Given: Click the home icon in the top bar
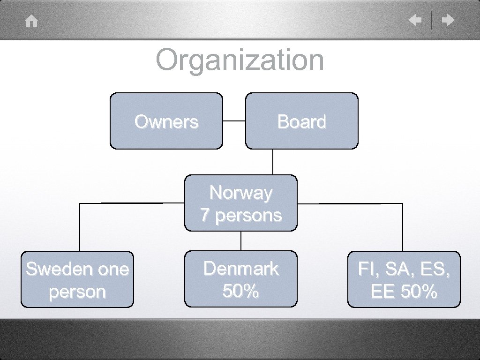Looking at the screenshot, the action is click(31, 21).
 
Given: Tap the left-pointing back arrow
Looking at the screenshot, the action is click(415, 20).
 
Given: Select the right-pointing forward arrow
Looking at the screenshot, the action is click(449, 20).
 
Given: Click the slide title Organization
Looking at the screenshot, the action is click(240, 60).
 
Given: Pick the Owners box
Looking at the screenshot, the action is click(166, 121).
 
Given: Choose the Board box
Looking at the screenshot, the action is click(301, 121).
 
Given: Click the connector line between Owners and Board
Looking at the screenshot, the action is click(234, 120).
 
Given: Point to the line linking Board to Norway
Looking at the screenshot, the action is click(273, 162).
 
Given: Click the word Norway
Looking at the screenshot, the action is click(241, 193).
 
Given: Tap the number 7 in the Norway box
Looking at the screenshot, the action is click(205, 216).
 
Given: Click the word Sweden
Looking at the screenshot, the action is click(52, 269).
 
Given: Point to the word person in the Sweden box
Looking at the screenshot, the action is click(77, 292).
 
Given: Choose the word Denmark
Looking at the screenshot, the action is click(241, 269).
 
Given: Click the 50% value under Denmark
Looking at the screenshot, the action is click(241, 291).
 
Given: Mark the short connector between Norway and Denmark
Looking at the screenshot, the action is click(241, 241).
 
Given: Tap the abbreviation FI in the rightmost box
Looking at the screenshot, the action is click(365, 269).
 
